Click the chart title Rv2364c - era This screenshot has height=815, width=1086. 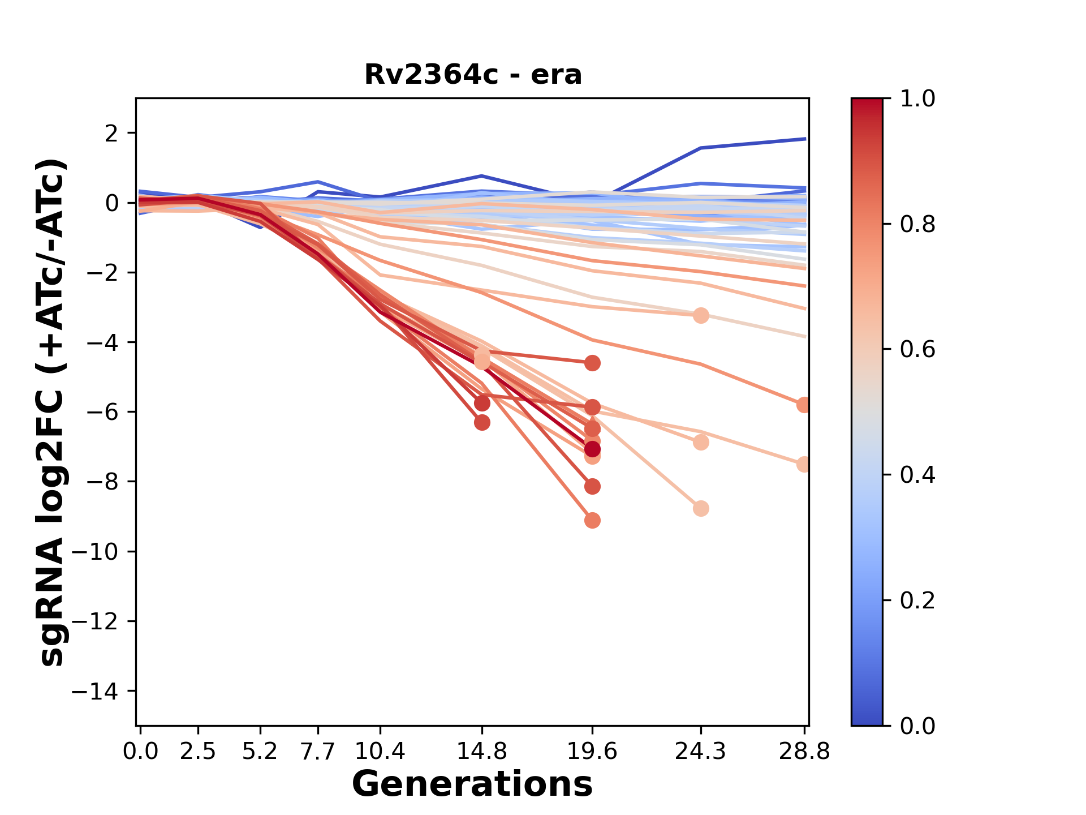coord(473,75)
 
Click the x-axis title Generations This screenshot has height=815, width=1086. coord(472,784)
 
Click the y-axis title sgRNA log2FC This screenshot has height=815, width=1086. coord(52,412)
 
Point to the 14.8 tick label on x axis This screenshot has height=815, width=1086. coord(481,752)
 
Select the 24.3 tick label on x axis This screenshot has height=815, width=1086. coord(701,752)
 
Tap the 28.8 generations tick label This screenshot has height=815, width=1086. coord(804,752)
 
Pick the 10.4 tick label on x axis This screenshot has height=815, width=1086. coord(380,752)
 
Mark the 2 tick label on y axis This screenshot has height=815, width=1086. coord(111,134)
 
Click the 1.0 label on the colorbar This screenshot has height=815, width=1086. coord(917,99)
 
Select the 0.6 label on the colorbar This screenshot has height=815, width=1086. coord(917,349)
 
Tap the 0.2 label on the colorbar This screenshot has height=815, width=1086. coord(917,600)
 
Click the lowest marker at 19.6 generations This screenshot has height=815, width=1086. coord(592,520)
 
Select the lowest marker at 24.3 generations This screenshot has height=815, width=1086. coord(701,508)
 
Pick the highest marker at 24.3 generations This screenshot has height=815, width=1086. coord(701,316)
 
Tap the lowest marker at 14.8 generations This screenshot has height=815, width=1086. coord(482,422)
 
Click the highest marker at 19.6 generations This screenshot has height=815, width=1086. coord(592,363)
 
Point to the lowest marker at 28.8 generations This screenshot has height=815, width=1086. coord(804,464)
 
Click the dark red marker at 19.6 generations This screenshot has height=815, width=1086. coord(592,449)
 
